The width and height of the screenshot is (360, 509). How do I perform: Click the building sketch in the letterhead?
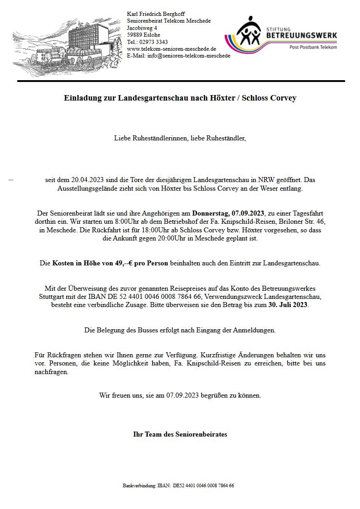click(68, 45)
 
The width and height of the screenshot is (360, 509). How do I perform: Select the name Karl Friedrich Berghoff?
click(156, 14)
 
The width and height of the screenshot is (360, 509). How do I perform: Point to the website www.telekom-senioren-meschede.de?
click(171, 49)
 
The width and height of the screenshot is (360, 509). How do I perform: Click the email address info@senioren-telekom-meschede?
click(188, 56)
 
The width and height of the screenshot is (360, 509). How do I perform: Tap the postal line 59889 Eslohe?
click(143, 35)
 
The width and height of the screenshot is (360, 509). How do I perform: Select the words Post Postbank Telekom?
click(313, 47)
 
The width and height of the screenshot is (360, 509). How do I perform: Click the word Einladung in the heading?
click(81, 98)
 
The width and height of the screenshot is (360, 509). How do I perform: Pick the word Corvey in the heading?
click(283, 98)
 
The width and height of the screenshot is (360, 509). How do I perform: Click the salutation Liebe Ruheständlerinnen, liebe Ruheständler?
click(180, 138)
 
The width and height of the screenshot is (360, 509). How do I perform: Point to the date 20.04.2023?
click(86, 180)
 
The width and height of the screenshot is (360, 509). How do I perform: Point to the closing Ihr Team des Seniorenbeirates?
click(180, 434)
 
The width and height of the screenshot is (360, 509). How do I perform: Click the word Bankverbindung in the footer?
click(139, 485)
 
